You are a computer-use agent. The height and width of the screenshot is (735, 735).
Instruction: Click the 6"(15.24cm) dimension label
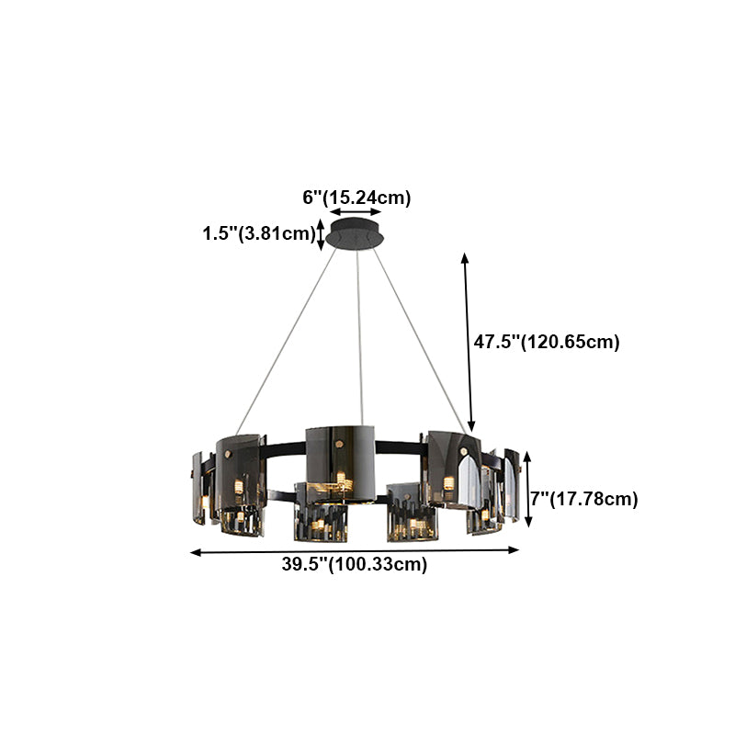click(x=356, y=198)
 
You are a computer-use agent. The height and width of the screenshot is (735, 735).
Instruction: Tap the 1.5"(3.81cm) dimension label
click(x=259, y=233)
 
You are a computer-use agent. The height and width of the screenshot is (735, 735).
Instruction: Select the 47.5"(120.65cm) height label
click(x=547, y=342)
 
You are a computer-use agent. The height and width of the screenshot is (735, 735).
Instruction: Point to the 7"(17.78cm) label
click(x=584, y=499)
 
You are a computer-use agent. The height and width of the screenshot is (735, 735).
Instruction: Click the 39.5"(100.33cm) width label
click(x=355, y=564)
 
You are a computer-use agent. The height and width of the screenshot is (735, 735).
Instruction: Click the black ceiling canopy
click(x=355, y=234)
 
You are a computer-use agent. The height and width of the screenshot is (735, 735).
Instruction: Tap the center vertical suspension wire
click(x=359, y=337)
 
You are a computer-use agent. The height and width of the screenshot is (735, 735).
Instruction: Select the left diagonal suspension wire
click(x=286, y=342)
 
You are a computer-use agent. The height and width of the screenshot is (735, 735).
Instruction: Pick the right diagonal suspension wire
click(x=420, y=340)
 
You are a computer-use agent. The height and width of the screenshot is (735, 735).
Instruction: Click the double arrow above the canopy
click(x=356, y=212)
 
